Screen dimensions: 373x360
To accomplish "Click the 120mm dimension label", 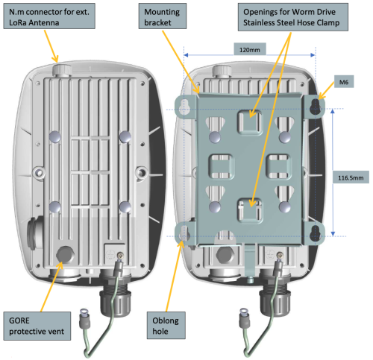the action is click(250, 49).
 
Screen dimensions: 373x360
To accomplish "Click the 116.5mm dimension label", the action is click(351, 177).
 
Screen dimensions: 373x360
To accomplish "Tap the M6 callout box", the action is click(344, 81).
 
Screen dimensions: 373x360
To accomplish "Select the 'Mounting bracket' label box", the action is click(163, 16).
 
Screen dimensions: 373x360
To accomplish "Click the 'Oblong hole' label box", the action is click(166, 326).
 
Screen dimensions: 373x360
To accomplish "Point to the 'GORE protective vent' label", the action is click(37, 326).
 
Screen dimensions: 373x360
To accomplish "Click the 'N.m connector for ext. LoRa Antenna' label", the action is click(49, 16).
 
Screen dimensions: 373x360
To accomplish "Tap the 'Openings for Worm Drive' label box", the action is click(293, 17).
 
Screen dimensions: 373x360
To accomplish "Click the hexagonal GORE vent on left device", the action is click(65, 255).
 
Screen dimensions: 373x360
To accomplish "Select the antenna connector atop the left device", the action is click(62, 69).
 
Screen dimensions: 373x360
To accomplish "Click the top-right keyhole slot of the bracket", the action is click(316, 107).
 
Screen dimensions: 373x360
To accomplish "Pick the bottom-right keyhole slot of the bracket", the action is click(316, 233).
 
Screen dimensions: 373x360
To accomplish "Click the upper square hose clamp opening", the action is click(250, 122).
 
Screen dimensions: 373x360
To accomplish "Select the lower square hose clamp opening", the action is click(250, 210).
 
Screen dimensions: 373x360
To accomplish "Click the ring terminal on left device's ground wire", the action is click(84, 312).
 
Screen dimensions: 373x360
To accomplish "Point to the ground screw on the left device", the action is click(121, 255).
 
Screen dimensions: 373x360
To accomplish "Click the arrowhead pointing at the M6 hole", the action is click(321, 97).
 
